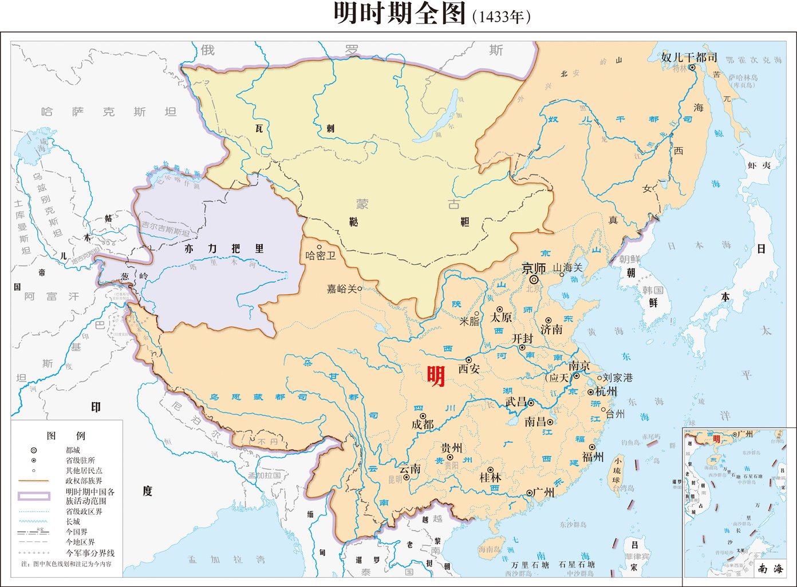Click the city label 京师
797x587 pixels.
534,267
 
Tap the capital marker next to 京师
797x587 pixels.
534,280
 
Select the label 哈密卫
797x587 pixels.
320,256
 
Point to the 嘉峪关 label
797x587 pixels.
341,289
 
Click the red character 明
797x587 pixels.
436,376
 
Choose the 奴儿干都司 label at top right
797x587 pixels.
689,57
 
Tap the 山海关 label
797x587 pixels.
567,267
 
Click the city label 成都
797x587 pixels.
423,425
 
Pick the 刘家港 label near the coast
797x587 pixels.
618,378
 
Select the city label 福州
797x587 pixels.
593,457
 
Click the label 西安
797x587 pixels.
469,369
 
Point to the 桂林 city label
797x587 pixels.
490,477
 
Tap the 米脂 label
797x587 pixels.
469,321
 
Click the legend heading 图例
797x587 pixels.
67,435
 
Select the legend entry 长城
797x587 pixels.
73,521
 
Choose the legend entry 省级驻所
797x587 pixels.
80,460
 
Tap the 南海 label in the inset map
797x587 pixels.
770,568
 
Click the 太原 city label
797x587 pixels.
501,317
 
